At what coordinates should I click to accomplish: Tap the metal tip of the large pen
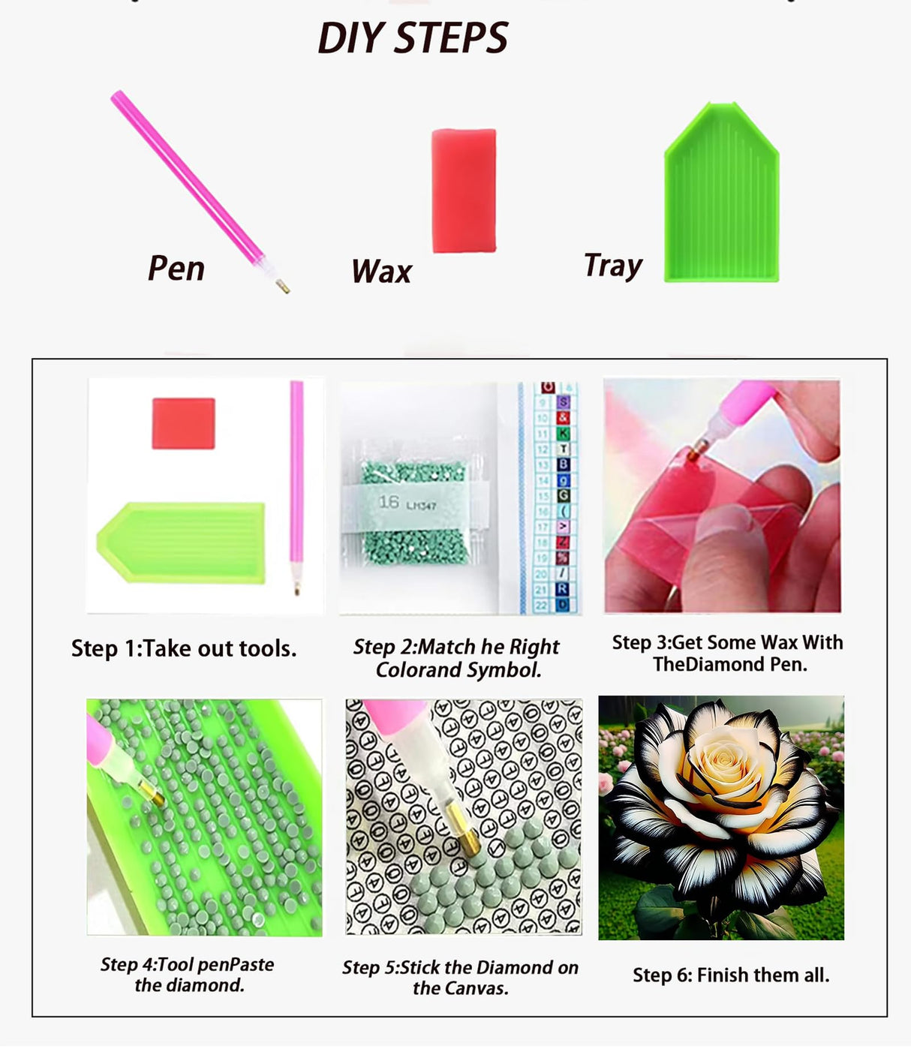click(283, 286)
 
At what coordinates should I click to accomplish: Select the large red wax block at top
click(463, 191)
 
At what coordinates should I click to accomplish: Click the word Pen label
click(176, 269)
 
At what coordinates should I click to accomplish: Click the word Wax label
click(381, 272)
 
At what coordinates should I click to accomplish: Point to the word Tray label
click(613, 266)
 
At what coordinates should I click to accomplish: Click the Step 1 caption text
click(184, 648)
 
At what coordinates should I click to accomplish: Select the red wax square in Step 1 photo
click(183, 423)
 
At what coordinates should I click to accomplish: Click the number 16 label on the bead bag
click(389, 502)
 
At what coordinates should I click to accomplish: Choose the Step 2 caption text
click(457, 658)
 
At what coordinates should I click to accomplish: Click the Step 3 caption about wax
click(727, 653)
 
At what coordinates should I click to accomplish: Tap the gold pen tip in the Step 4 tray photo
click(153, 796)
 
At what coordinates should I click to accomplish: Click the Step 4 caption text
click(188, 975)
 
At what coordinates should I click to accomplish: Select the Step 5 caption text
click(460, 978)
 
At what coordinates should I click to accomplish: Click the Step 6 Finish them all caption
click(731, 975)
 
